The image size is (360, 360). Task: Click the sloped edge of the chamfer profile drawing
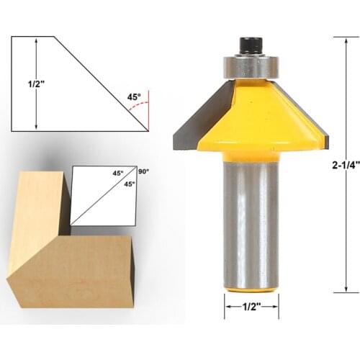click(x=101, y=83)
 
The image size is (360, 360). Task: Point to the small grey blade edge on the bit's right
click(x=323, y=132)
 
